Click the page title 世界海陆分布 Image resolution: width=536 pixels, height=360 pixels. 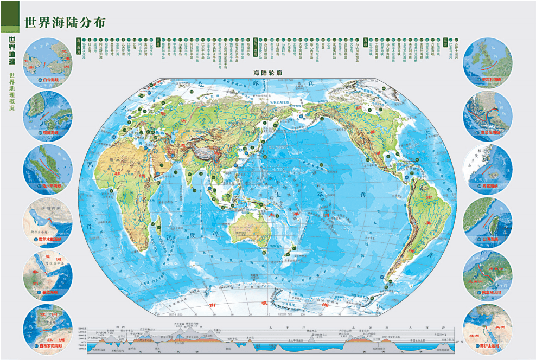point(65,23)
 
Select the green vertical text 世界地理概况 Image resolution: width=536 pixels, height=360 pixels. point(10,92)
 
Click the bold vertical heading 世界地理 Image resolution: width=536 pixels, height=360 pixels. point(10,51)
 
